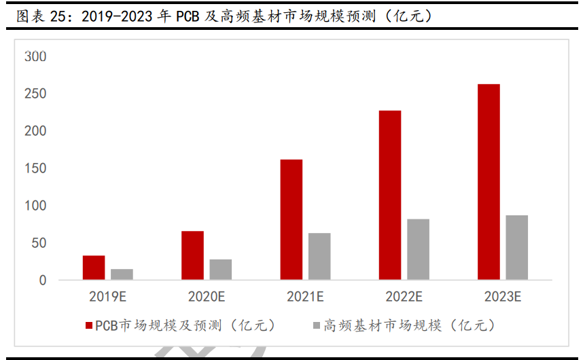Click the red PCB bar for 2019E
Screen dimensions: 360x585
[x=94, y=268]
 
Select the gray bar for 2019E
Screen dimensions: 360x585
[x=122, y=274]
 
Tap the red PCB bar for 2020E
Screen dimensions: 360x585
[x=192, y=255]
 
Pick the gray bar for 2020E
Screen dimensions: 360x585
[x=220, y=270]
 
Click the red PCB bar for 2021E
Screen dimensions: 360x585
[x=291, y=219]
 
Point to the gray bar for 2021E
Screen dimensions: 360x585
[x=319, y=257]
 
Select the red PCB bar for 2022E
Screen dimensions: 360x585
[x=390, y=195]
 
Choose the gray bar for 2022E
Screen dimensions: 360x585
[x=418, y=249]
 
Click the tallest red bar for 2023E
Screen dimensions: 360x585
[x=489, y=182]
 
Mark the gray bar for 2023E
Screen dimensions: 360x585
[x=516, y=247]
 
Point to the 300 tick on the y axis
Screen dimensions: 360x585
[x=35, y=56]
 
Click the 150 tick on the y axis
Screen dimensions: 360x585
[x=35, y=168]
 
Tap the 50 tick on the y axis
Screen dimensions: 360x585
[x=38, y=243]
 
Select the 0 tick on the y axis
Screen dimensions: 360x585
[x=41, y=281]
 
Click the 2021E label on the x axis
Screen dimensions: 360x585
[x=305, y=297]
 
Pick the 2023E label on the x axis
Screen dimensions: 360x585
[x=502, y=297]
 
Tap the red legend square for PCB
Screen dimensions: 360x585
[x=89, y=326]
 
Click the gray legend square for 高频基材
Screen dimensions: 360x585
[x=315, y=326]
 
